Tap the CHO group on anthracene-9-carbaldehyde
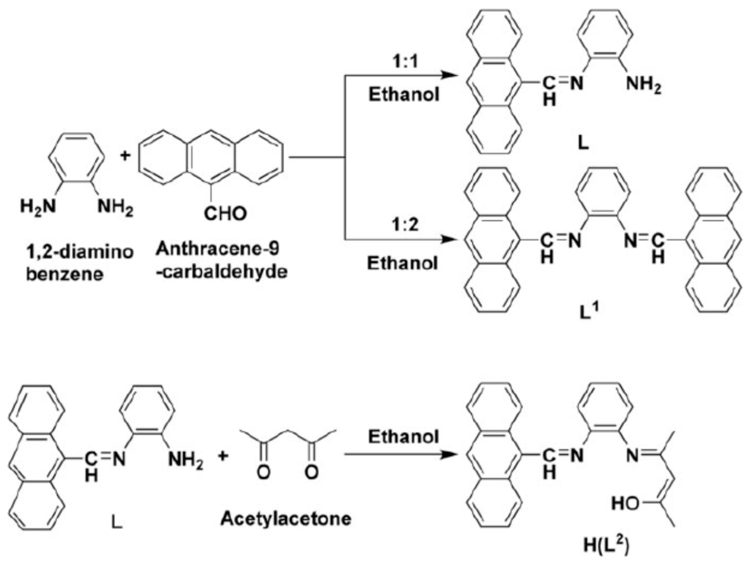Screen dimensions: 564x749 [225, 214]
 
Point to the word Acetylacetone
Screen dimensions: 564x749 [285, 519]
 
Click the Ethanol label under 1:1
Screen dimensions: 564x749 [404, 95]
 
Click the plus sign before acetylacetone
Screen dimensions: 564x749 [222, 456]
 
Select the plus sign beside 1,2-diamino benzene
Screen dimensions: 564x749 [125, 156]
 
